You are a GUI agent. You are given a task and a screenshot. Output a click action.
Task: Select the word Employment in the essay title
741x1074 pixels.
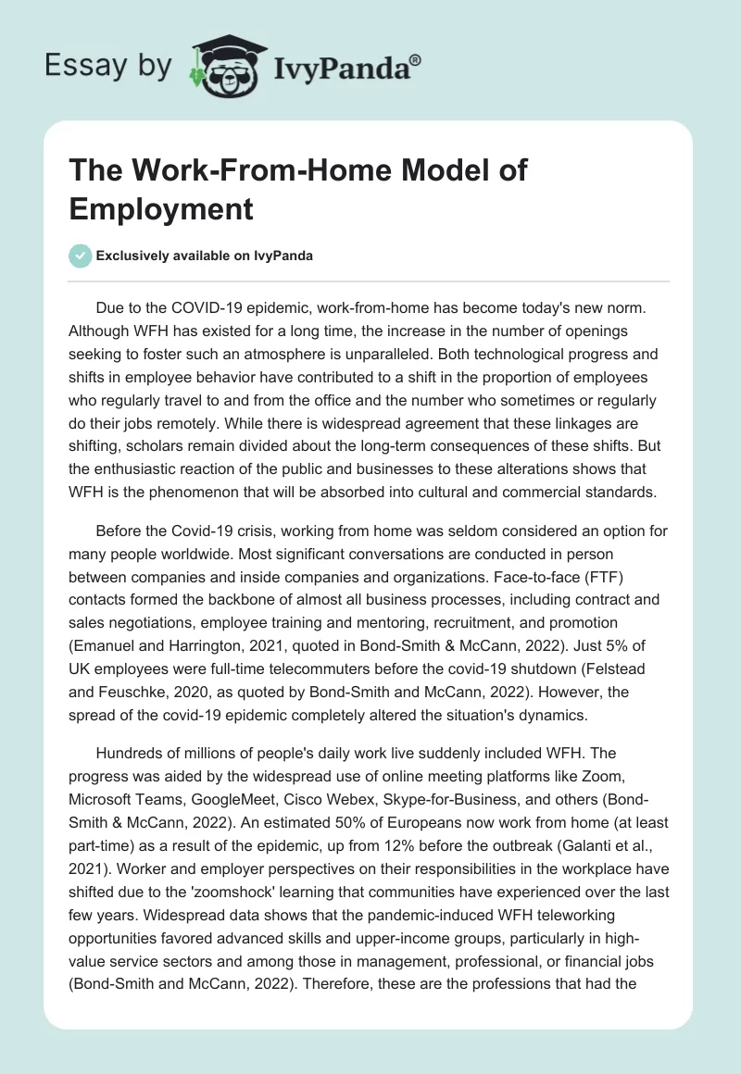(x=160, y=207)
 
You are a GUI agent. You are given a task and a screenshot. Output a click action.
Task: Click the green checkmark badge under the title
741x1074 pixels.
(x=81, y=256)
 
